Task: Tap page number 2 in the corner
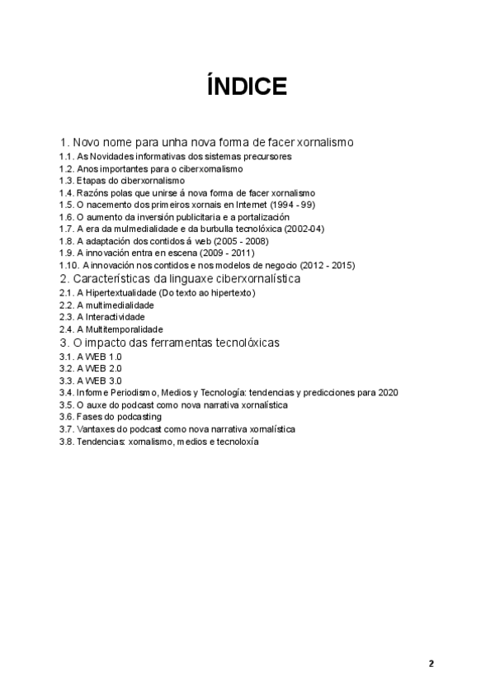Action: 431,664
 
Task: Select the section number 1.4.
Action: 67,192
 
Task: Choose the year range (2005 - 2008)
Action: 249,240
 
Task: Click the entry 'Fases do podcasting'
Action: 119,417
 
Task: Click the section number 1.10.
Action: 68,265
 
